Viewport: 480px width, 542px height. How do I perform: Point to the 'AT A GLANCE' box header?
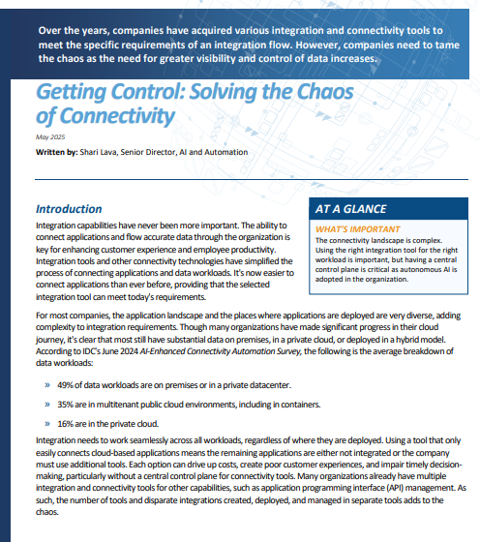tap(351, 208)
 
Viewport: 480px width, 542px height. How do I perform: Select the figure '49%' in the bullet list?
tap(67, 384)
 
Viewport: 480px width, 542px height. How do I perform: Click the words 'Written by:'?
tap(57, 152)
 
